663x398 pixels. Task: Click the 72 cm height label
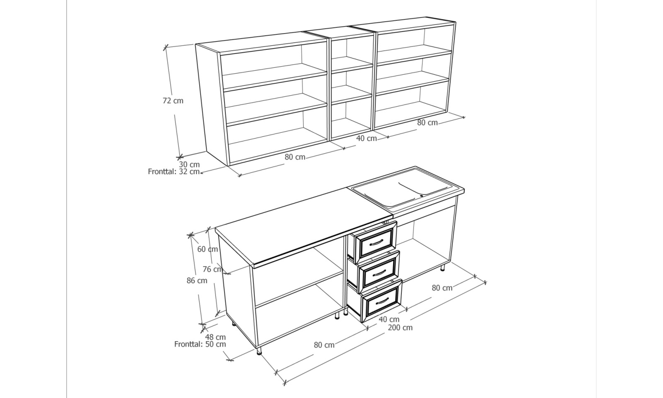[x=173, y=101]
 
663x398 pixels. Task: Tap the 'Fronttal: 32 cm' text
[x=174, y=172]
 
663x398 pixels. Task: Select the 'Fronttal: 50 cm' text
[x=200, y=344]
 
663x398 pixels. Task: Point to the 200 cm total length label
[x=400, y=327]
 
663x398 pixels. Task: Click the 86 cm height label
[x=197, y=281]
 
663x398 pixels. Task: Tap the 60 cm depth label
[x=208, y=249]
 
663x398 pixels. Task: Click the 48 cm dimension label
[x=215, y=337]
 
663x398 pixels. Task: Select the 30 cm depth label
[x=189, y=164]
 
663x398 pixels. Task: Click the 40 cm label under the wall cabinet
[x=366, y=138]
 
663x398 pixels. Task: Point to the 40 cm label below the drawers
[x=389, y=319]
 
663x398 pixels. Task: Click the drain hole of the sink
[x=421, y=196]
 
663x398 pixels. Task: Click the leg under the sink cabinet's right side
[x=443, y=268]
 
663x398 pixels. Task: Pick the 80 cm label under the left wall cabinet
[x=295, y=157]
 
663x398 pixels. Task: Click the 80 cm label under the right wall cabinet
[x=427, y=123]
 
